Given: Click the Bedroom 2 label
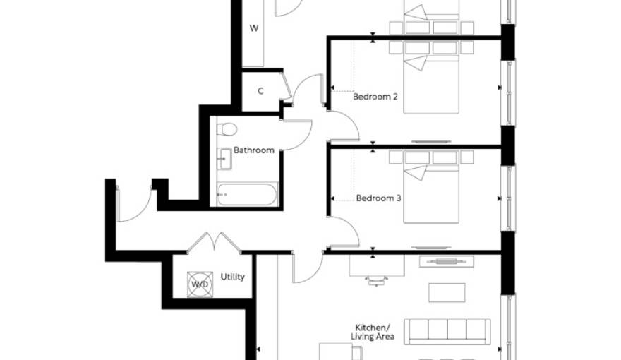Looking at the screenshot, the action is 375,97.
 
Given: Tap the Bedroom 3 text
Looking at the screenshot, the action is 378,198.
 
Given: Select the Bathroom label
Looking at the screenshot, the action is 254,150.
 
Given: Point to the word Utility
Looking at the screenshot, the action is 232,277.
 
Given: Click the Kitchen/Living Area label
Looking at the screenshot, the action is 373,332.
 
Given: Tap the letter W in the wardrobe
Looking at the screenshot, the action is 254,28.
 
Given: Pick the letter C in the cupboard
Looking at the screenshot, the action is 260,91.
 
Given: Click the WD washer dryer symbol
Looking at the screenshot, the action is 200,284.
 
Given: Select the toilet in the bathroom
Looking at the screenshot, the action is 227,129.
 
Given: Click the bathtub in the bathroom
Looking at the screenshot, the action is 247,194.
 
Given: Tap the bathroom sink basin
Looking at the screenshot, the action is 225,159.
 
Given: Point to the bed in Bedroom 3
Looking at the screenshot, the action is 431,187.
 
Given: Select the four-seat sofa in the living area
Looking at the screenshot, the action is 447,332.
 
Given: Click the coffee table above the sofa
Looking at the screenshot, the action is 447,292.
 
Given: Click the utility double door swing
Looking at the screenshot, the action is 215,242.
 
